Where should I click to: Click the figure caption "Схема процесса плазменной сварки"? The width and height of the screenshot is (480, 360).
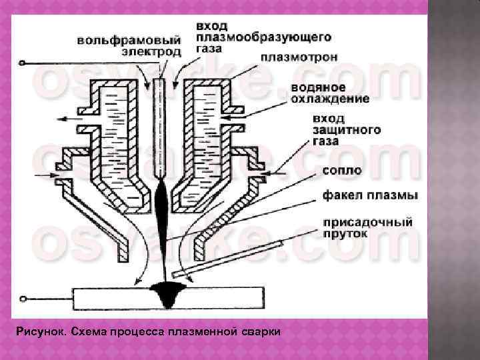(x=147, y=331)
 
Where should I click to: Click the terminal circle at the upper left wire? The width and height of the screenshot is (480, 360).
(x=22, y=63)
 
